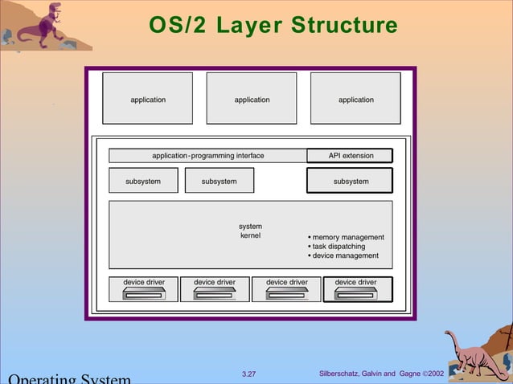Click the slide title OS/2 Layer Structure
[x=273, y=26]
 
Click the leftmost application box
[x=148, y=99]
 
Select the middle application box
[x=252, y=99]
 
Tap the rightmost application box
[x=355, y=99]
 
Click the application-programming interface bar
[x=208, y=156]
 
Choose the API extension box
[x=351, y=156]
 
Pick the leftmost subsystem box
[x=143, y=181]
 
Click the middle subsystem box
[x=220, y=181]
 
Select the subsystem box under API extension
[x=351, y=181]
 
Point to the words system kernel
[x=250, y=231]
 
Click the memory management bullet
[x=347, y=237]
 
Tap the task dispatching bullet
[x=339, y=247]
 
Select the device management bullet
[x=345, y=255]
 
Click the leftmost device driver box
[x=144, y=289]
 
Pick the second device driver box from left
[x=215, y=289]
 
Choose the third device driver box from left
[x=286, y=289]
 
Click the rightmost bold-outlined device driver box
[x=357, y=289]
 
